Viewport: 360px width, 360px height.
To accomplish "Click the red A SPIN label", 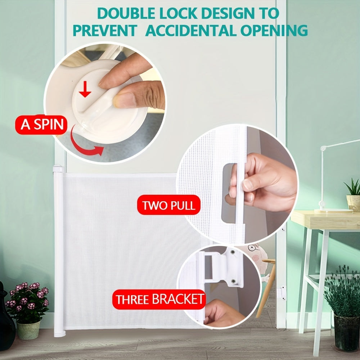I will [x=42, y=125].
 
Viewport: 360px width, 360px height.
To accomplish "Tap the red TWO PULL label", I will [x=168, y=205].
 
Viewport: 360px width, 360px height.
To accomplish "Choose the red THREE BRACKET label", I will [x=159, y=299].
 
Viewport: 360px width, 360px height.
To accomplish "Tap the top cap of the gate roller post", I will [x=58, y=168].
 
